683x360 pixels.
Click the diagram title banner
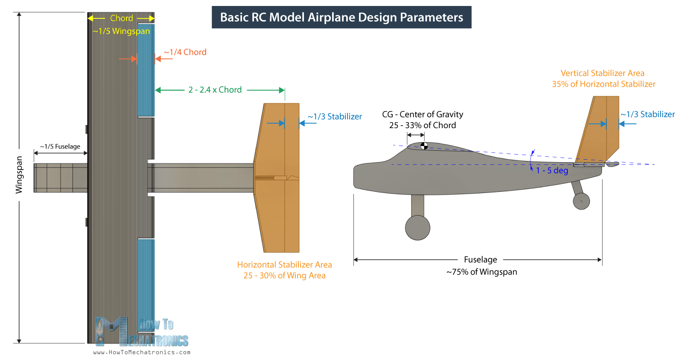[341, 17]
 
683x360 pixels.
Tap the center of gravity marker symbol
[424, 146]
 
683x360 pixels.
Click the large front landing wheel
[417, 228]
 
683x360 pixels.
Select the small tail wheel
[581, 201]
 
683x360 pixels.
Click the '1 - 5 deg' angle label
[552, 170]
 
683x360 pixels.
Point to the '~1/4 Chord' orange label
[185, 52]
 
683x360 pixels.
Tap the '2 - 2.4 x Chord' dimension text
[215, 90]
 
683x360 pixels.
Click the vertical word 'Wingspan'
[19, 175]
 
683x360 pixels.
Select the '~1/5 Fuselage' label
[60, 146]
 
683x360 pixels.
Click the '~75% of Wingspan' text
[482, 272]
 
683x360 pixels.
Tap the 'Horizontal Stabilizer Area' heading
[284, 265]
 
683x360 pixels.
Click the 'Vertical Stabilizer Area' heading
[602, 73]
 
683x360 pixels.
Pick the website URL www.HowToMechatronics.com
[142, 352]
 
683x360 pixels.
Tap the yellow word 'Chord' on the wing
[122, 18]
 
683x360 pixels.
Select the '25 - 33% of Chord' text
[422, 125]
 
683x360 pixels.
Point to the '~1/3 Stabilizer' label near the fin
[648, 114]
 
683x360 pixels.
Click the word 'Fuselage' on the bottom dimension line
[480, 260]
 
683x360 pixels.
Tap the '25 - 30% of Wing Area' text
[284, 275]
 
